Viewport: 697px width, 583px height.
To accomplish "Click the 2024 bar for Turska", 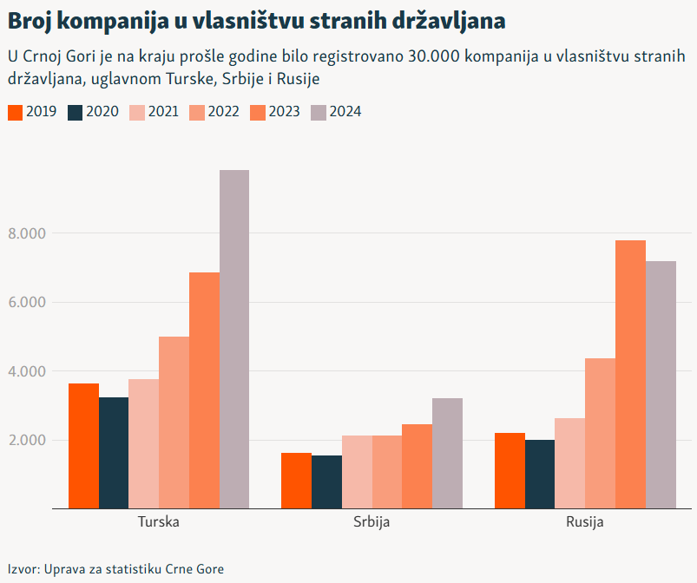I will point(234,338).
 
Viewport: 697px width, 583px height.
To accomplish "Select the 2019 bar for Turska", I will point(84,445).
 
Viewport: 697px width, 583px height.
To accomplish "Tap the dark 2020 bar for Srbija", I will point(326,481).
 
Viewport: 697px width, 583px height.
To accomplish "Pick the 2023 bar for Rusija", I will point(631,374).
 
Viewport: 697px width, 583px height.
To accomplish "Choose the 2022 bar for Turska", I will point(174,422).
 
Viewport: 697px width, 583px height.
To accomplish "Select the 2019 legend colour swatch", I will point(15,112).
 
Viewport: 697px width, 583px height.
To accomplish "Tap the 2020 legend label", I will point(103,112).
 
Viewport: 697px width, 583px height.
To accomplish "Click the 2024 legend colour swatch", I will point(319,112).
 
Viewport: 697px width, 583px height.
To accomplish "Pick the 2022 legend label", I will point(224,112).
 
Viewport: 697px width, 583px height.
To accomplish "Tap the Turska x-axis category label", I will point(159,523).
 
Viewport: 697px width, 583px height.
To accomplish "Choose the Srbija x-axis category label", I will point(372,523).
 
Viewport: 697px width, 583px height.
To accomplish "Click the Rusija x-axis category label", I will point(584,523).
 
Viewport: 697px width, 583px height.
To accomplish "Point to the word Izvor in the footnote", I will point(23,569).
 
